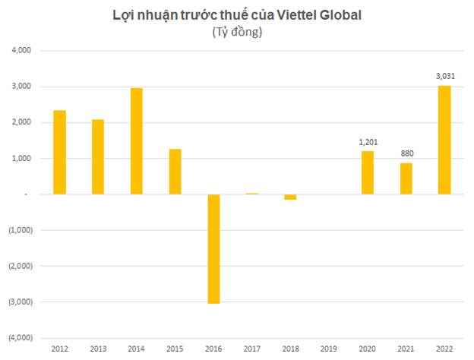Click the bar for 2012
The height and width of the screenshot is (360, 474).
59,152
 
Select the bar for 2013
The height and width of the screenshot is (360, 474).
98,156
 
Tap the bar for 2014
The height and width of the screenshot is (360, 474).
137,141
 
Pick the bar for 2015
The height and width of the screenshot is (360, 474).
175,172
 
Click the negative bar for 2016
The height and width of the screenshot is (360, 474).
213,248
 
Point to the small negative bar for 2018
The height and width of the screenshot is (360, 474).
290,197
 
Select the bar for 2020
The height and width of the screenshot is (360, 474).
367,172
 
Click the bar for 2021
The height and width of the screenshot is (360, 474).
406,178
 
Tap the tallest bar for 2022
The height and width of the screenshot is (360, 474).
444,140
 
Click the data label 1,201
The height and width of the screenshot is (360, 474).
367,142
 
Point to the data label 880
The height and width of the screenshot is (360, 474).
406,154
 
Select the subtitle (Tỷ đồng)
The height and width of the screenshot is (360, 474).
236,32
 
